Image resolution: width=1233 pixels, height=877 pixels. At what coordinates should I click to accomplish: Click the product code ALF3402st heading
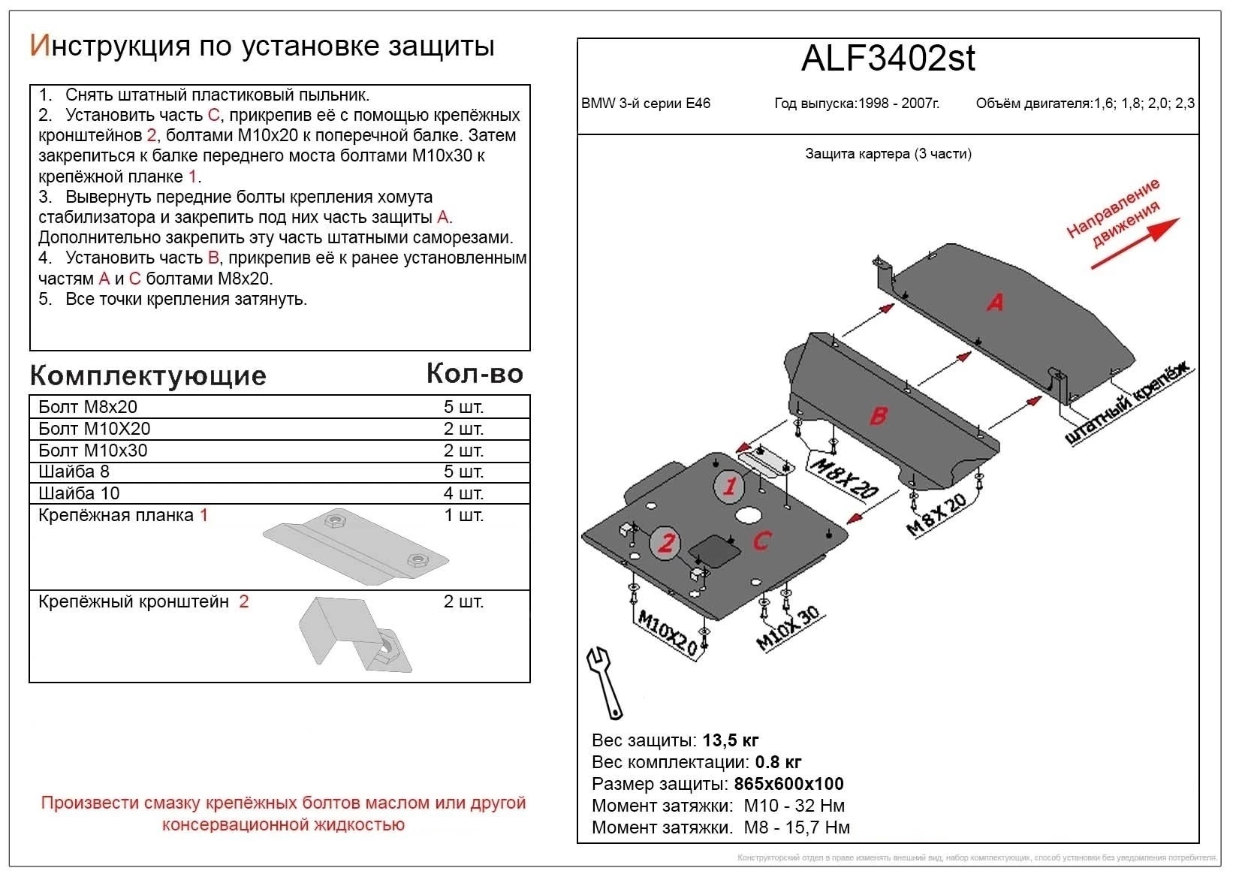(888, 59)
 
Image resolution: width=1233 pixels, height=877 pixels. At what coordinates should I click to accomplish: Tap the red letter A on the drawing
(995, 303)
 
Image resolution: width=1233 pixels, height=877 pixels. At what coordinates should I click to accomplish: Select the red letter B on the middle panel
(879, 415)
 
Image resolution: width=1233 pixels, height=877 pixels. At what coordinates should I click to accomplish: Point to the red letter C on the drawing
(761, 541)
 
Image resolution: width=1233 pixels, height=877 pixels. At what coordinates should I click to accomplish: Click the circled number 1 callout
(729, 487)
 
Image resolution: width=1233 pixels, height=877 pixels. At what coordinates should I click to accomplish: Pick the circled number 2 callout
(666, 542)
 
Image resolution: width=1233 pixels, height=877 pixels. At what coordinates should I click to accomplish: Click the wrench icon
(605, 681)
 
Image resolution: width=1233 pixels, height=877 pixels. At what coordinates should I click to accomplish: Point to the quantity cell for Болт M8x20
(463, 407)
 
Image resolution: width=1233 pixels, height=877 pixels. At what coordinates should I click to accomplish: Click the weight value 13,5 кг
(731, 740)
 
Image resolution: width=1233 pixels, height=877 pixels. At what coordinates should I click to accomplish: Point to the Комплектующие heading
(148, 375)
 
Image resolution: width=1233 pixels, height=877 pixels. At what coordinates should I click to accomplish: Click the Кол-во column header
(475, 373)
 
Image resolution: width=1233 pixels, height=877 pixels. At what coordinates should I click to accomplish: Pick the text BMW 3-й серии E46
(646, 104)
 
